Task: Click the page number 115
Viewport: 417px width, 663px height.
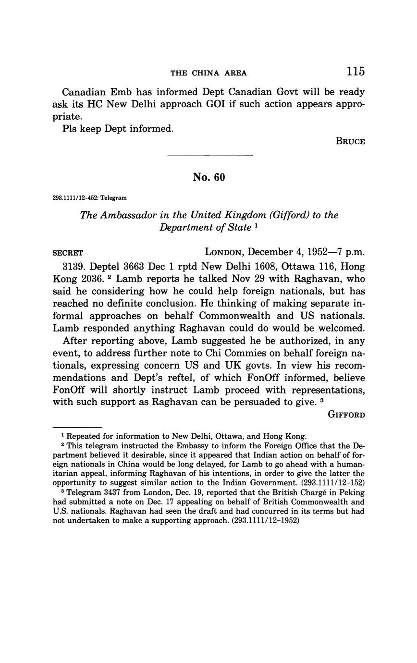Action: coord(355,72)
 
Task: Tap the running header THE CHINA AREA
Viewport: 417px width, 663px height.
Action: coord(208,73)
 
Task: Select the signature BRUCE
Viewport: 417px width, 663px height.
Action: coord(350,141)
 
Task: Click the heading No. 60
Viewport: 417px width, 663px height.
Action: coord(208,177)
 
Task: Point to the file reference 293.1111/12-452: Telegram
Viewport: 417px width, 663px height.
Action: coord(89,197)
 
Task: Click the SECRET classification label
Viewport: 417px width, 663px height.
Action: coord(68,253)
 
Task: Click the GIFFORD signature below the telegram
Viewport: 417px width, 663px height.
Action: coord(346,414)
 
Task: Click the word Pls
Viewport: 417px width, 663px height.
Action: coord(70,129)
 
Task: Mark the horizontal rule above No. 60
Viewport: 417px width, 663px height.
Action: coord(209,156)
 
